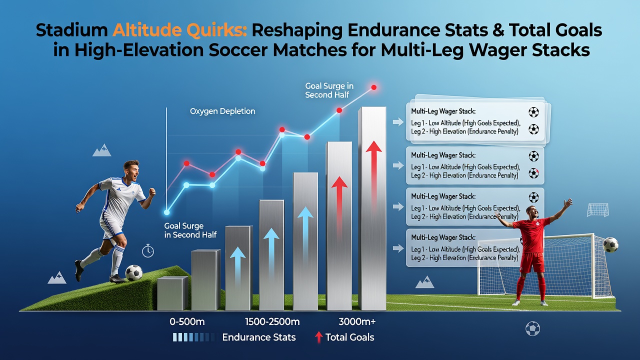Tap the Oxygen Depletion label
click(222, 111)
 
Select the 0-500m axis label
click(187, 322)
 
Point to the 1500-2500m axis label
click(272, 322)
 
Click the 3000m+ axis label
click(357, 322)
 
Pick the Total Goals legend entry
click(344, 337)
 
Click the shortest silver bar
click(172, 293)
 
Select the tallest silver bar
click(372, 208)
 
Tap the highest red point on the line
click(373, 87)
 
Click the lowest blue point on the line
click(166, 212)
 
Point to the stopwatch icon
click(147, 251)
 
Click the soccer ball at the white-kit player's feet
click(133, 273)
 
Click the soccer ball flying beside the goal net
click(610, 245)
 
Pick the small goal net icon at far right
click(597, 210)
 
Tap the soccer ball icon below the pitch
click(532, 329)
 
